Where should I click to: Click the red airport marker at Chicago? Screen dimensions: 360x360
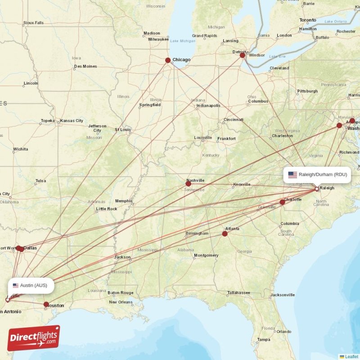[x=168, y=60]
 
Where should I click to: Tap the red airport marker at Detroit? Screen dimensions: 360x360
[x=242, y=55]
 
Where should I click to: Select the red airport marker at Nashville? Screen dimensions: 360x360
[x=188, y=184]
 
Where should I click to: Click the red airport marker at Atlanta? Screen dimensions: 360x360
[x=225, y=234]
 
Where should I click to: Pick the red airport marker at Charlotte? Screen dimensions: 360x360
[x=282, y=202]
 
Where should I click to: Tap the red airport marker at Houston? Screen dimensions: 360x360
[x=46, y=305]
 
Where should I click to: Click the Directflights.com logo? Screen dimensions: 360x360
[x=33, y=338]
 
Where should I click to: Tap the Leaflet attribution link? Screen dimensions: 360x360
[x=351, y=356]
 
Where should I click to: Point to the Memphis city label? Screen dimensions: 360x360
[x=124, y=201]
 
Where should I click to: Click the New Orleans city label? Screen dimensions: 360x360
[x=120, y=302]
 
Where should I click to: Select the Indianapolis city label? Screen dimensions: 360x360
[x=208, y=106]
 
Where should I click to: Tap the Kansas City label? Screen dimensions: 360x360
[x=72, y=121]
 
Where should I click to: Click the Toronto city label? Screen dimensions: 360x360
[x=308, y=20]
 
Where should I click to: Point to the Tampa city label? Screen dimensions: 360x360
[x=264, y=339]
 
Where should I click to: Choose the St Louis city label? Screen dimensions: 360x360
[x=122, y=129]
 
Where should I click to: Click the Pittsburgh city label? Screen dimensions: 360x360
[x=307, y=91]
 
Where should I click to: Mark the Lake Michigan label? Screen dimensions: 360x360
[x=183, y=41]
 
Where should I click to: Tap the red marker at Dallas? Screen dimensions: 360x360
[x=21, y=248]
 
